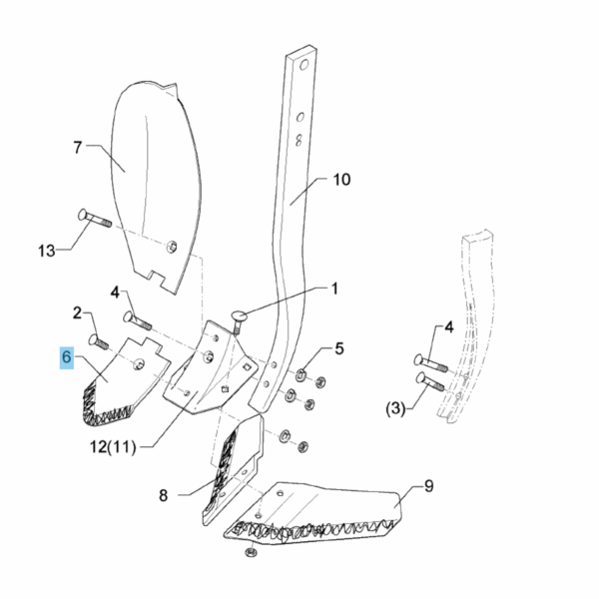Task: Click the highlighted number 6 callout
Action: (67, 357)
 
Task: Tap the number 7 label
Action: (78, 148)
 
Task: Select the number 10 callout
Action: (341, 179)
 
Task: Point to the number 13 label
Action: (46, 251)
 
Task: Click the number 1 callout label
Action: (334, 289)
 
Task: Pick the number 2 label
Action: (77, 313)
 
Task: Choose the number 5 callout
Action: (339, 348)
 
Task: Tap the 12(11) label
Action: (113, 446)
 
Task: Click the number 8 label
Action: (163, 495)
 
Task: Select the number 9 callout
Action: (428, 486)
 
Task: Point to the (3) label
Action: (395, 409)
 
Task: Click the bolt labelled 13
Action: (95, 218)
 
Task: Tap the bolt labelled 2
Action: (99, 341)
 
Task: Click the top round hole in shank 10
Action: (303, 65)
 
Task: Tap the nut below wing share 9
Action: (251, 552)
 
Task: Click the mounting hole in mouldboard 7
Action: (172, 247)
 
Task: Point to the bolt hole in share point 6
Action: (139, 364)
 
